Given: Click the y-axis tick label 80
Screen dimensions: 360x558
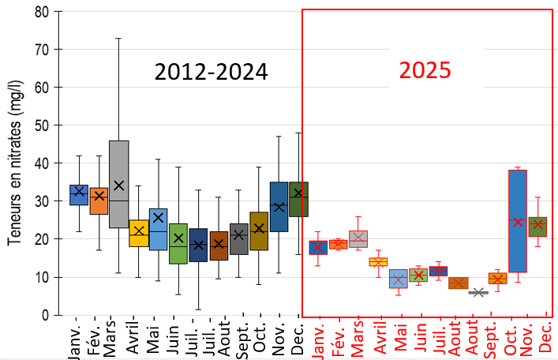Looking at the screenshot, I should click(x=40, y=12).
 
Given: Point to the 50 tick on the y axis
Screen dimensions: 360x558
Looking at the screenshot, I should click(x=40, y=125).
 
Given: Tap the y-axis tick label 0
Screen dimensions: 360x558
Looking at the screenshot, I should click(x=45, y=315).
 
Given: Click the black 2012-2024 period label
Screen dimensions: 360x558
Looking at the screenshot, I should click(x=212, y=72).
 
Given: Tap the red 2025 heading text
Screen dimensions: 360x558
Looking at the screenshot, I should click(x=425, y=70).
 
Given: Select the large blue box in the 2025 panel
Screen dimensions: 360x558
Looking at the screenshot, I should click(x=518, y=221).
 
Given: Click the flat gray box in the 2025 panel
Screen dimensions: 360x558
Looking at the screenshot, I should click(x=478, y=292).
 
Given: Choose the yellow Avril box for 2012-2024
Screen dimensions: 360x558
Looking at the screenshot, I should click(x=138, y=233).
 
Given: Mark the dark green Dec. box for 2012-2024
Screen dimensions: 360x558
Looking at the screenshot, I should click(x=298, y=199).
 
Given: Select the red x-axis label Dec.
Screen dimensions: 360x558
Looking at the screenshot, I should click(x=545, y=339).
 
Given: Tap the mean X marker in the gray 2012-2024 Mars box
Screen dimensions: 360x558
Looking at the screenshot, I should click(x=118, y=186).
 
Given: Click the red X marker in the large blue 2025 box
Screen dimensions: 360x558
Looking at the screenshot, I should click(x=518, y=223).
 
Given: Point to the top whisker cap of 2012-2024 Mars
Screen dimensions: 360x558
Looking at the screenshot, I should click(x=118, y=38).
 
